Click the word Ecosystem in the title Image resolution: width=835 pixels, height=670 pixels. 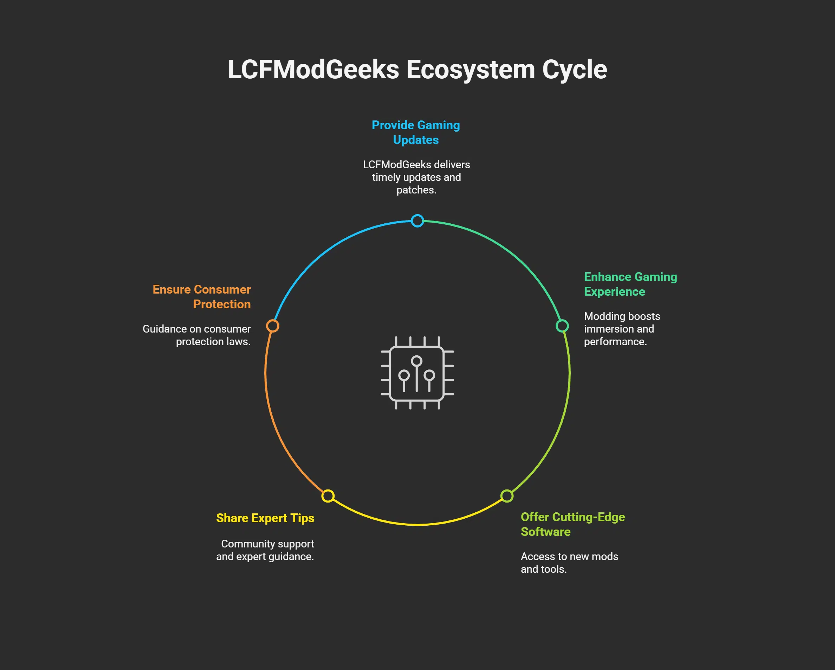[470, 70]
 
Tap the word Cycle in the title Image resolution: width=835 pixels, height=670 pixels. [574, 70]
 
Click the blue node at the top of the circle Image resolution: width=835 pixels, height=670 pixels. [417, 221]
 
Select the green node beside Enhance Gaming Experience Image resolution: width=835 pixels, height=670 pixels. [562, 326]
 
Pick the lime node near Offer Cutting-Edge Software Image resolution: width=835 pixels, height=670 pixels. [506, 496]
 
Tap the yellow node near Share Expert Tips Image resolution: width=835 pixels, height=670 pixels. [328, 496]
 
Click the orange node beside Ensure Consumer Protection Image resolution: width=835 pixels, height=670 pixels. [273, 326]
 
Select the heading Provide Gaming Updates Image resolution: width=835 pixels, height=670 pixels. [415, 132]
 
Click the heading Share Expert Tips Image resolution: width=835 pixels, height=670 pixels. [265, 518]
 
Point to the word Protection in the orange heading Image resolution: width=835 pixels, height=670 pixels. [221, 304]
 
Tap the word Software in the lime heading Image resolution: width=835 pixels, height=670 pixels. [545, 532]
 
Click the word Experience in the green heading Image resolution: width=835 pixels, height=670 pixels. [614, 292]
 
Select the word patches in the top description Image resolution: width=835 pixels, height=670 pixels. [415, 190]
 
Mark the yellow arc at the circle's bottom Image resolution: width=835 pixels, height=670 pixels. [417, 525]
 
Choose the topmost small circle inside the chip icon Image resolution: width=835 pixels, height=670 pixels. [417, 361]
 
